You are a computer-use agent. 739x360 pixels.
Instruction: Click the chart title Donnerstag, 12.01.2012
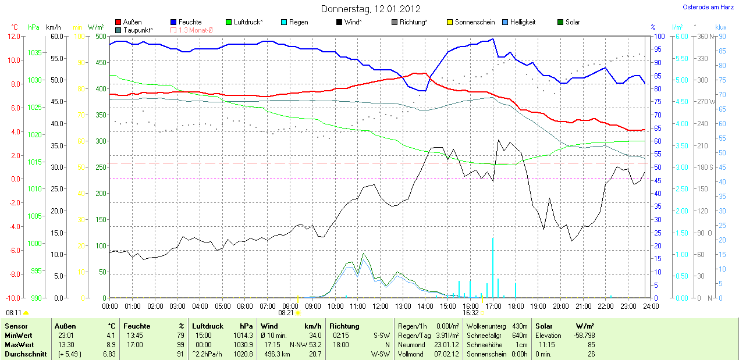tap(371, 9)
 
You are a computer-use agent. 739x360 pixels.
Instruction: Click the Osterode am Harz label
tap(708, 7)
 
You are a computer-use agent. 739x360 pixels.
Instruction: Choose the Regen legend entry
tap(299, 22)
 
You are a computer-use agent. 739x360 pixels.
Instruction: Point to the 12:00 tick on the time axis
tap(380, 306)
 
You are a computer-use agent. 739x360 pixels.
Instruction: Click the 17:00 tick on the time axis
tap(493, 306)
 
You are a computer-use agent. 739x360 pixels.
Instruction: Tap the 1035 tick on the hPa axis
tap(34, 53)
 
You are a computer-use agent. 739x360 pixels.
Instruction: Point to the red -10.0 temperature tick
tap(12, 298)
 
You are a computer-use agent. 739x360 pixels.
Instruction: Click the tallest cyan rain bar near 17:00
tap(493, 268)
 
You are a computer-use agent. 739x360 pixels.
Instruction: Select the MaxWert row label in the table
tap(19, 344)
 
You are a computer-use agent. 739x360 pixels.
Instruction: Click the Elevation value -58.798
tap(582, 336)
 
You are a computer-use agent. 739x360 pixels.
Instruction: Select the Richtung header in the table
tap(344, 326)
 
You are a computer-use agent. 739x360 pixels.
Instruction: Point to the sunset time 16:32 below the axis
tap(470, 312)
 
